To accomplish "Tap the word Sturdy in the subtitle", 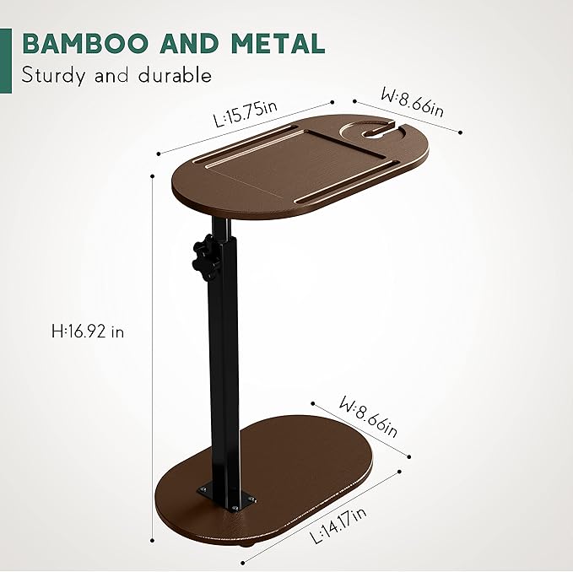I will tap(54, 76).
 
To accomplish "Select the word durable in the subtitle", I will tap(172, 76).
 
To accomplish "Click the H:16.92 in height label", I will tap(87, 332).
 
